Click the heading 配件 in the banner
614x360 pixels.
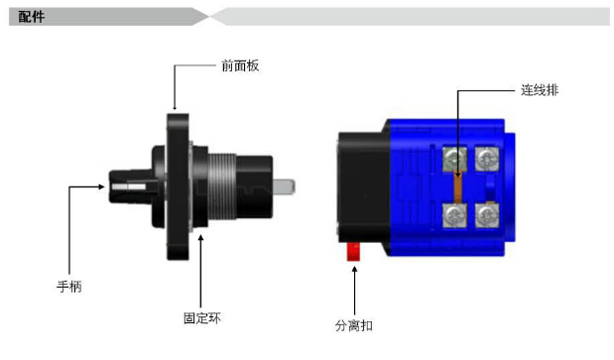32,17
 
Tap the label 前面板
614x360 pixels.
240,65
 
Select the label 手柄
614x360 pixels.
69,287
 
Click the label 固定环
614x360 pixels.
202,317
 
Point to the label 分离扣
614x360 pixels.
353,325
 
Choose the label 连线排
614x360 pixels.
540,90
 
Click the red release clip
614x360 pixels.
353,252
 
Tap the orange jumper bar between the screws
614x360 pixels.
457,187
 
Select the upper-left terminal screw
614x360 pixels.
454,160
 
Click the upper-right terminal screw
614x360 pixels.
487,159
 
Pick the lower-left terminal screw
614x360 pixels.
454,215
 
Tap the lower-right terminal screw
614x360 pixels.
487,215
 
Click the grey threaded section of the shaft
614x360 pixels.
221,186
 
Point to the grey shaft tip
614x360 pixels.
284,186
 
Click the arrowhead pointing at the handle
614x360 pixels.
101,186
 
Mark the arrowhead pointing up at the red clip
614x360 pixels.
354,270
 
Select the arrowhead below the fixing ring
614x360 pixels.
200,238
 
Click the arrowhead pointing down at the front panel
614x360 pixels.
175,107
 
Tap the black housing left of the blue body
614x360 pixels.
364,187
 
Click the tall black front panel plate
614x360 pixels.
178,186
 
